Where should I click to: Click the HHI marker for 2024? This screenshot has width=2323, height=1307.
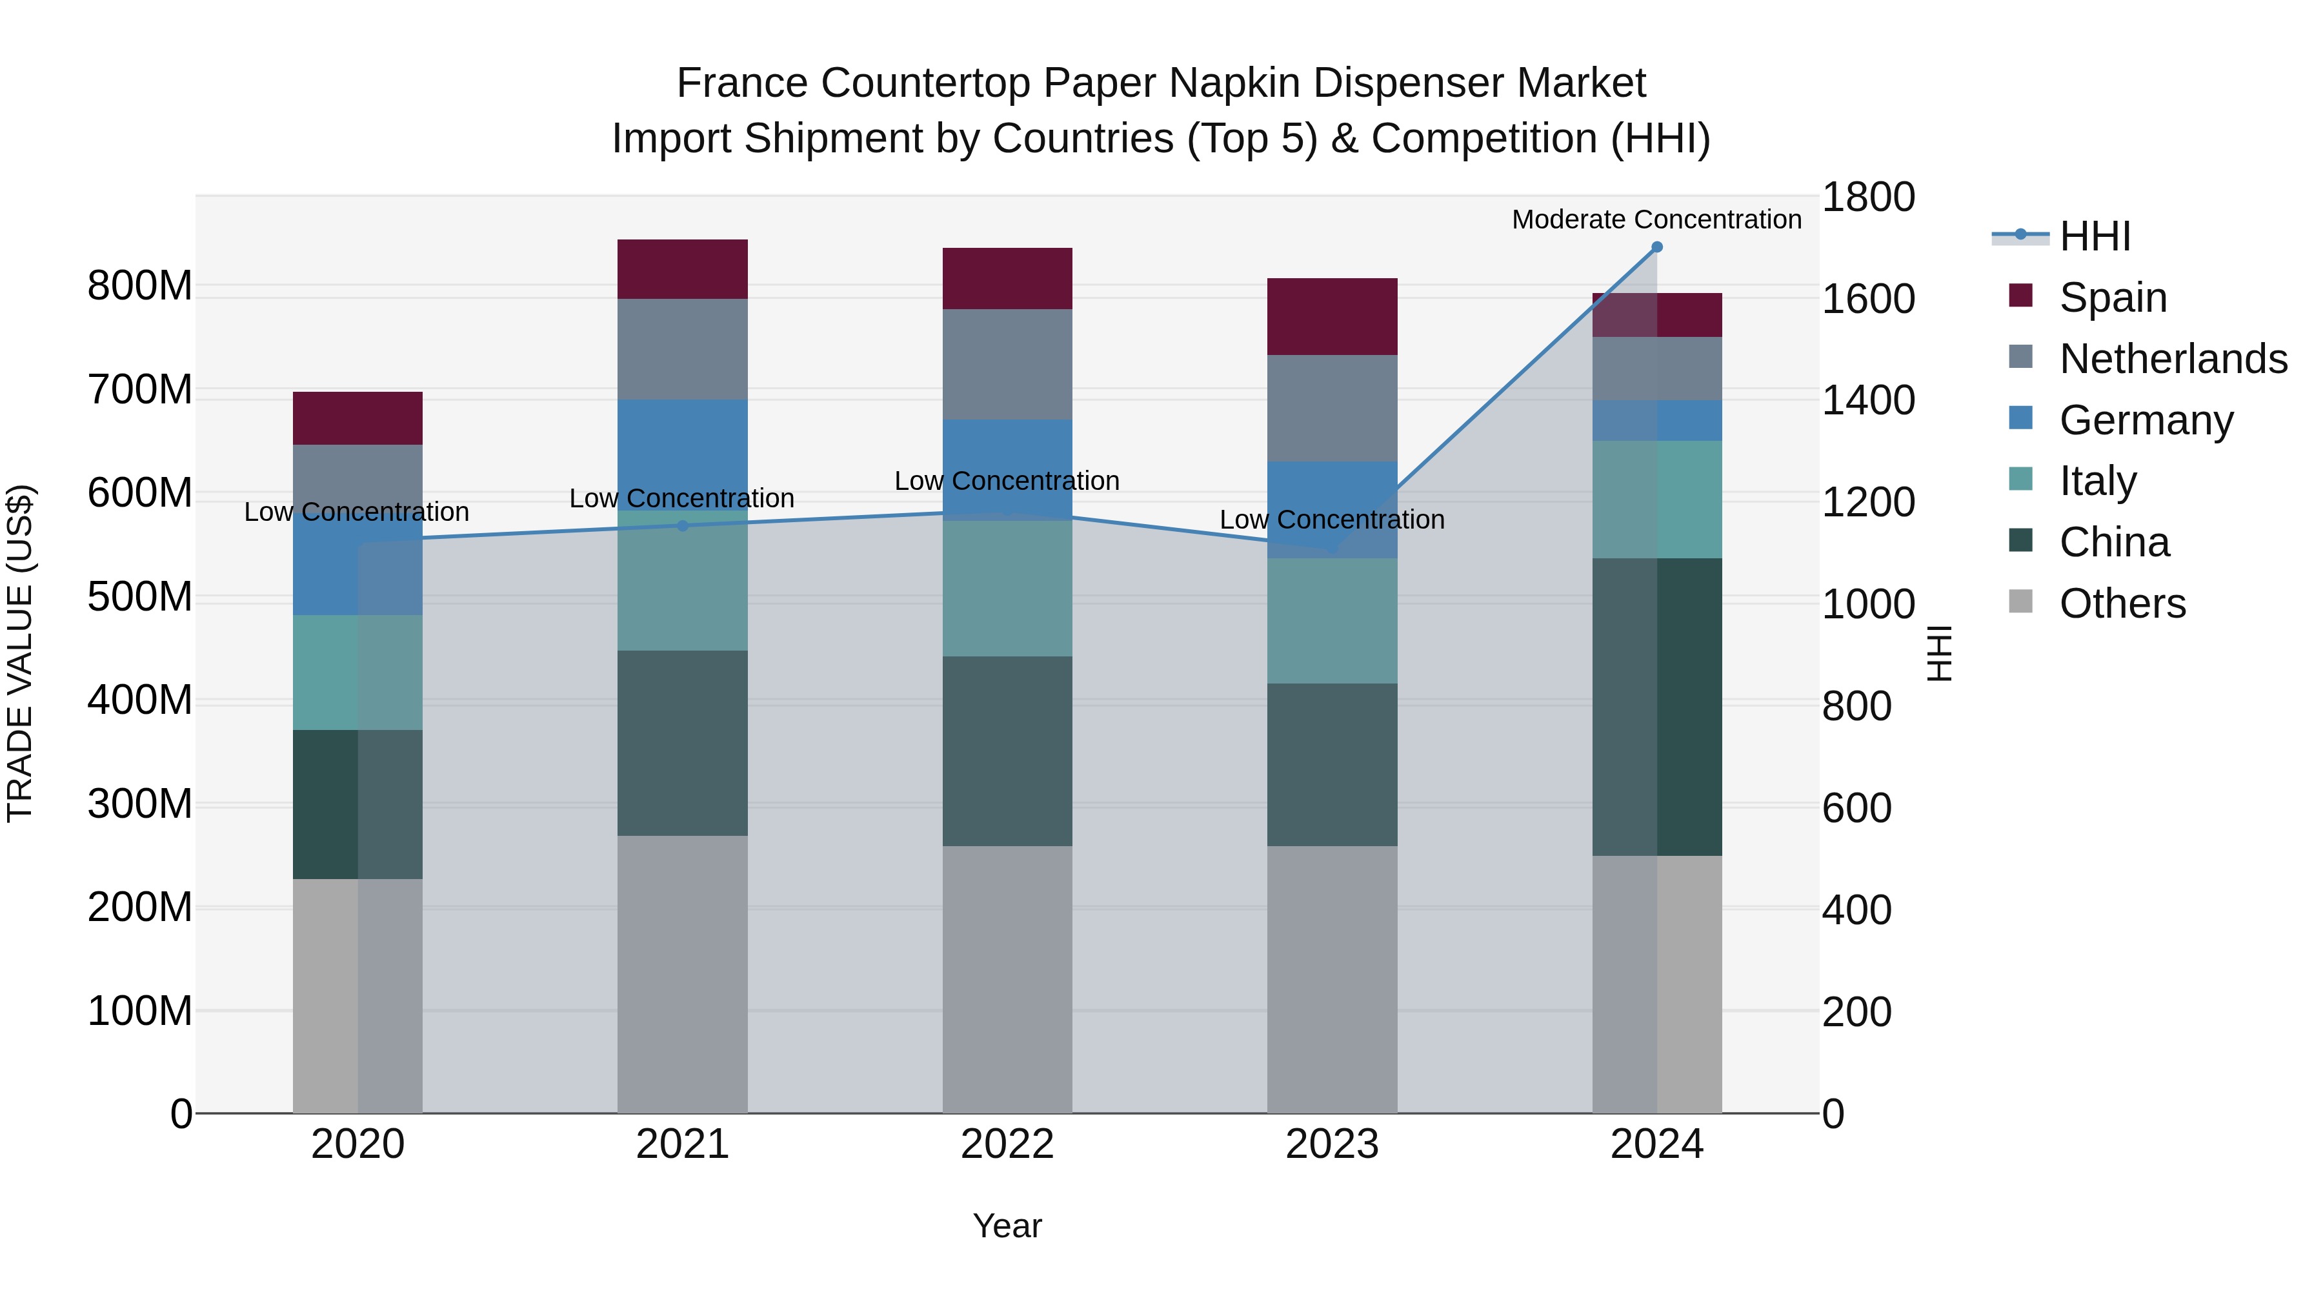point(1656,247)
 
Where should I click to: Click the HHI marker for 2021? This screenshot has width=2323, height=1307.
point(683,526)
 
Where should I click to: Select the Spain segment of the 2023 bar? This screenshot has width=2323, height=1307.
point(1332,317)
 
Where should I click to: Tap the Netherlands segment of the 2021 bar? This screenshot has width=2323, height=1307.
point(683,349)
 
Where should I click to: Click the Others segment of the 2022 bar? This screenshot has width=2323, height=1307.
point(1007,978)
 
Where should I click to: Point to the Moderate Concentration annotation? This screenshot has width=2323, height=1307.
point(1656,219)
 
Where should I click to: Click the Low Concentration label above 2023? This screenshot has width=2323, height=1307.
point(1332,520)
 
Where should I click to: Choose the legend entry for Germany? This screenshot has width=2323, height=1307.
point(2146,420)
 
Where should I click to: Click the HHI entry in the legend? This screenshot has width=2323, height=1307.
point(2094,236)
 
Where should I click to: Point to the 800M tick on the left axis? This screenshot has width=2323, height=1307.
point(140,286)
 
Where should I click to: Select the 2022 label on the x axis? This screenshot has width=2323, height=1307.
point(1007,1144)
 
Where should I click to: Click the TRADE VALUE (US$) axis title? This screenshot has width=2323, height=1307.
point(20,653)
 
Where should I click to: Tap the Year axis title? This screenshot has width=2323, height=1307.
point(1007,1226)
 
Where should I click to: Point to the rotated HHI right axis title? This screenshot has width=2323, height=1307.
point(1939,653)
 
